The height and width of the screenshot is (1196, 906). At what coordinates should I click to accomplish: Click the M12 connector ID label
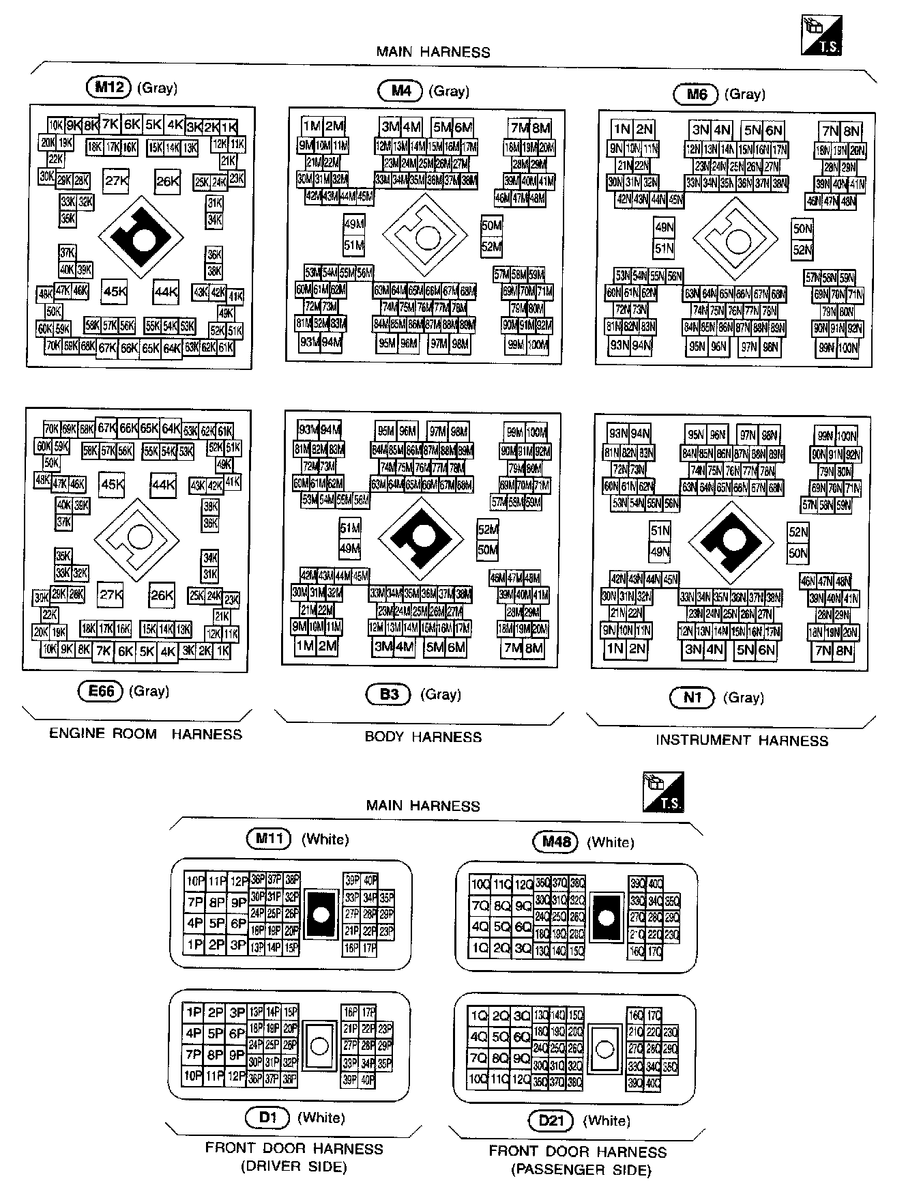[x=109, y=87]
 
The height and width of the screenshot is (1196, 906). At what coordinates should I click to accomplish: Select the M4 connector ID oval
[x=400, y=91]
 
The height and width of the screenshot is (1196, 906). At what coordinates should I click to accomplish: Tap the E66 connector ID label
[x=100, y=691]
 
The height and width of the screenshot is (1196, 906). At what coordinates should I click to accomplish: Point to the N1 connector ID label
[x=692, y=697]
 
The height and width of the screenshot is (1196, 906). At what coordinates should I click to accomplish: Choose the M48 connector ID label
[x=555, y=841]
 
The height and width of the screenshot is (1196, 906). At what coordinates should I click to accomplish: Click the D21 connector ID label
[x=551, y=1120]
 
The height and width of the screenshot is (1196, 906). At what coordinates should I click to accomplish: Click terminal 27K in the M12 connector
[x=116, y=181]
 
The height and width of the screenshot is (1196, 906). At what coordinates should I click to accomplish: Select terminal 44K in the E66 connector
[x=164, y=485]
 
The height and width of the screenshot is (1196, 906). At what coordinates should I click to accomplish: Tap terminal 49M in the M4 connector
[x=354, y=224]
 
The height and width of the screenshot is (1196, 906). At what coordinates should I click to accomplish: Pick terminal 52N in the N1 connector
[x=798, y=532]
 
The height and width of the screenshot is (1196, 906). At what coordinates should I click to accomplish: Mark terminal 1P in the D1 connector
[x=194, y=1012]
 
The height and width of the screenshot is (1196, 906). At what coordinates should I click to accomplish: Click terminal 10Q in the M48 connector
[x=480, y=885]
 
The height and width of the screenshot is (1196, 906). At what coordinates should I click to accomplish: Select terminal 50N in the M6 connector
[x=802, y=229]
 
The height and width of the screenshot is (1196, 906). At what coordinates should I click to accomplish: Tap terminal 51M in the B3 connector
[x=350, y=528]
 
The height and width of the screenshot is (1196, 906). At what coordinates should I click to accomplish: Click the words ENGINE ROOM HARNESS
[x=145, y=734]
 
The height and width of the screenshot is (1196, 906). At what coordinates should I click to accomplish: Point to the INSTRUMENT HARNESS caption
[x=742, y=740]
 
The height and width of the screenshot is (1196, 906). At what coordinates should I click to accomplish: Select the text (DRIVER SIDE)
[x=294, y=1167]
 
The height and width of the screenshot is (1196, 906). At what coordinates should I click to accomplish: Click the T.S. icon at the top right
[x=822, y=35]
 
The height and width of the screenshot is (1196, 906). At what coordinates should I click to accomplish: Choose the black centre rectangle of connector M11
[x=321, y=914]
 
